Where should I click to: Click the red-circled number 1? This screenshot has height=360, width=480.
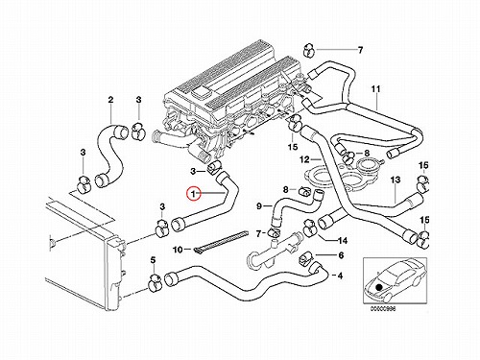pos(194,193)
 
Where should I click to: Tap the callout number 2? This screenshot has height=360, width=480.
pos(110,100)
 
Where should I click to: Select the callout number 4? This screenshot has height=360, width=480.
pos(340,276)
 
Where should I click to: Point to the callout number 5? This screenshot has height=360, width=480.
pos(153,259)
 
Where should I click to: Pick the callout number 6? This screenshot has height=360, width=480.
pos(341,255)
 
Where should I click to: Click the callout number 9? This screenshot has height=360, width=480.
pos(259,206)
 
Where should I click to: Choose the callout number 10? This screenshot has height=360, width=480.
pos(178,250)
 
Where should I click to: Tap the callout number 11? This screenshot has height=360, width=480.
pos(375,88)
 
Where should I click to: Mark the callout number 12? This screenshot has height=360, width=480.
pos(304,159)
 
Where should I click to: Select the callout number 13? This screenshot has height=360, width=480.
pos(396,180)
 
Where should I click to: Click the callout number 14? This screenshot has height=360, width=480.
pos(343,241)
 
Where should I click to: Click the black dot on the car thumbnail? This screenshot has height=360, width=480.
pos(379,287)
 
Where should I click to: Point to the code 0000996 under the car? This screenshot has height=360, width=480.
pos(383,309)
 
